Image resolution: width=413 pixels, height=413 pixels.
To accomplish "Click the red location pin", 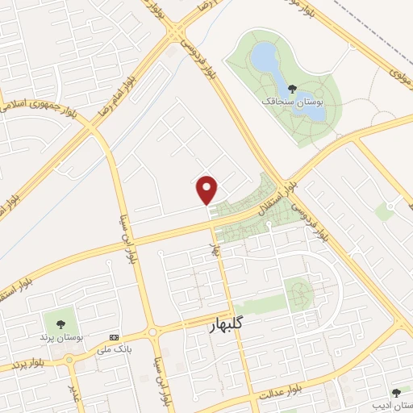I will pos(207,190).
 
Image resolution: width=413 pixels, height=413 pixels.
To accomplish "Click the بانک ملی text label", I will pos(113,349).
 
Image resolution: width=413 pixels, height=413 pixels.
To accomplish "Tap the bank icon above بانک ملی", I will pos(114,336).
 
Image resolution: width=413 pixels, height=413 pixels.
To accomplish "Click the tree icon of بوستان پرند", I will pos(58,323).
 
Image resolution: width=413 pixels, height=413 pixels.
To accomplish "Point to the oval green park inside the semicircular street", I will pos(298,294).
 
